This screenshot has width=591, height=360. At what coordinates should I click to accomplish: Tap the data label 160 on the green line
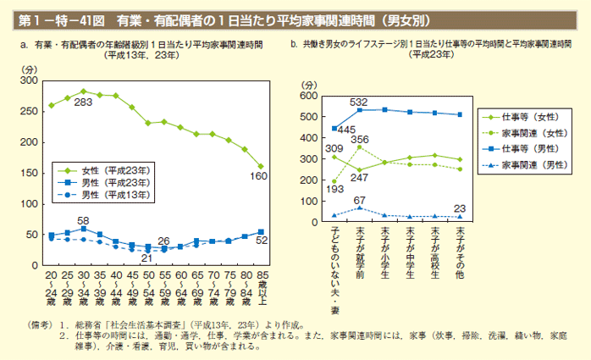click(258, 176)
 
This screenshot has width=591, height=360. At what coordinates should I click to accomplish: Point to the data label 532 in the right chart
click(358, 102)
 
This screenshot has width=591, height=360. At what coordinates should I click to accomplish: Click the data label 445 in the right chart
click(345, 130)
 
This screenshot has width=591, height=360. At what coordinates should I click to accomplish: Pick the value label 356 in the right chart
click(360, 139)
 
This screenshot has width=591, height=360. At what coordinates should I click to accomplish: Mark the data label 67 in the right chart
click(358, 200)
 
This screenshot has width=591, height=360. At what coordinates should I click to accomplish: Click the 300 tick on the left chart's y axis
click(31, 80)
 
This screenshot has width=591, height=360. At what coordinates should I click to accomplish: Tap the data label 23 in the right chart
click(460, 208)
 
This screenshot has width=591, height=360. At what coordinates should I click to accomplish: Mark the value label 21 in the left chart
click(146, 258)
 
